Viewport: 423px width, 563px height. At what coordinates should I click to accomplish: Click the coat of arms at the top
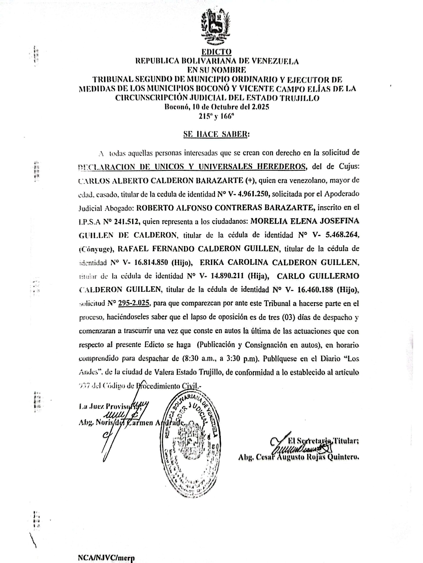click(216, 27)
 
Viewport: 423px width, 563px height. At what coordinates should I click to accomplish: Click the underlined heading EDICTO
click(216, 52)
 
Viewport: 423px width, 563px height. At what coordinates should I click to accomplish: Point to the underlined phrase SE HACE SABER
click(215, 134)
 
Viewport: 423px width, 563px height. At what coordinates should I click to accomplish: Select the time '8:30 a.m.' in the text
click(196, 358)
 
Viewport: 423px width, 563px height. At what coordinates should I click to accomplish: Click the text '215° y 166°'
click(216, 116)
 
